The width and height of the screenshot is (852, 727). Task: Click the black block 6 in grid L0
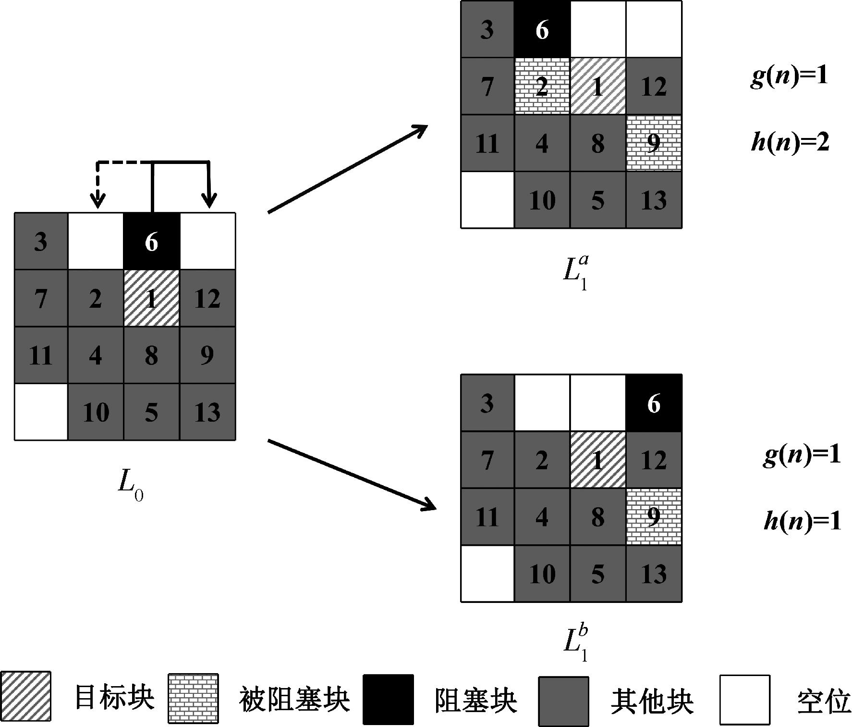coord(152,241)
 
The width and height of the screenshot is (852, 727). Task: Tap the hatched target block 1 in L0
coord(152,298)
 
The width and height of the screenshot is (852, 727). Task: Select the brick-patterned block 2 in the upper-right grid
coord(542,87)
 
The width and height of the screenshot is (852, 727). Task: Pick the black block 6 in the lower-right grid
coord(654,403)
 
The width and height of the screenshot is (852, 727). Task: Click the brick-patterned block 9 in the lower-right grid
coord(654,517)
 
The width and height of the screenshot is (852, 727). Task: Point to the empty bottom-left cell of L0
coord(41,412)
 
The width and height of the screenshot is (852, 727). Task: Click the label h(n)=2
coord(790,143)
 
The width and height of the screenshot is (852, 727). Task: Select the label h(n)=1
coord(802,521)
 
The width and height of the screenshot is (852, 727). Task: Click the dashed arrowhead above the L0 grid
coord(98,200)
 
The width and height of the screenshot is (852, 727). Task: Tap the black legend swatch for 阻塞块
coord(388,700)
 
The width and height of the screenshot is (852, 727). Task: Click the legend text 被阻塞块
coord(294,700)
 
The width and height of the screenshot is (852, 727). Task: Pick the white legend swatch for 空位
coord(744,700)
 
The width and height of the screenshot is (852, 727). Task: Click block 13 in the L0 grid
coord(207,412)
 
